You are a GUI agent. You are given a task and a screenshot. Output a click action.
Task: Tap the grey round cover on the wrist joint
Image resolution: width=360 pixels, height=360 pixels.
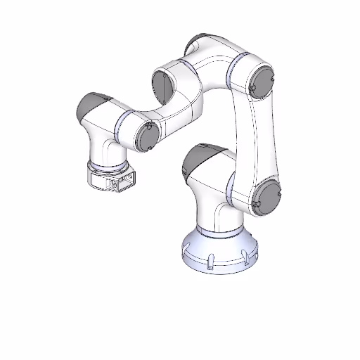(x=146, y=136)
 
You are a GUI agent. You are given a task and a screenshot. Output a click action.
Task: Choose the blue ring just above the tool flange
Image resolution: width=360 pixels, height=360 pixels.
(x=109, y=165)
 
